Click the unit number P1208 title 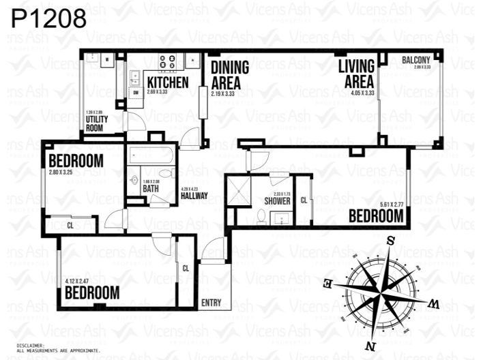[x=49, y=18]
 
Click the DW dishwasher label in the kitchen [x=136, y=93]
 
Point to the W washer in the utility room [x=107, y=60]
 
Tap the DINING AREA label [x=229, y=76]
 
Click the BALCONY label [x=416, y=61]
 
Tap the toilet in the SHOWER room [x=261, y=217]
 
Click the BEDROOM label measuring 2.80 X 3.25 [x=76, y=162]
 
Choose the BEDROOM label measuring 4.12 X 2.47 [x=92, y=293]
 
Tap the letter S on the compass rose [x=391, y=240]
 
